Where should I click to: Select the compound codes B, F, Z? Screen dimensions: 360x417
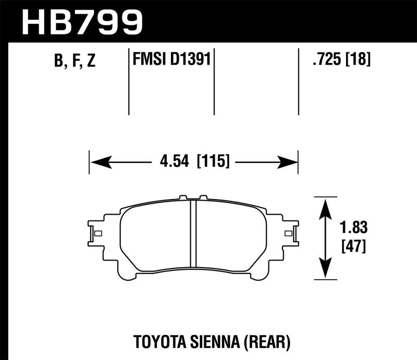(75, 61)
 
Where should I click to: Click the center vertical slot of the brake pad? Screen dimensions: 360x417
(193, 232)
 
